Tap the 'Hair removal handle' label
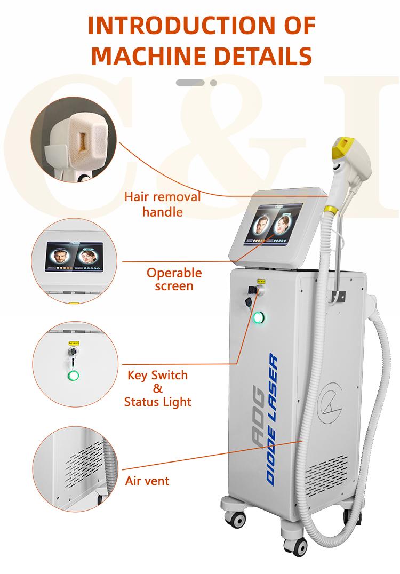coord(163,204)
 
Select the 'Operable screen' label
coord(174,279)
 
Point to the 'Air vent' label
coord(147,481)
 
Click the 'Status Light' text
coord(157,402)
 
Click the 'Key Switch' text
coord(157,375)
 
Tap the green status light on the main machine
coord(259,317)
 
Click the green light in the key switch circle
coord(73,376)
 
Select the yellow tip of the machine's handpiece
coord(342,146)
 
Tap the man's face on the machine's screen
coord(262,226)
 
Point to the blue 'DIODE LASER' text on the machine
coord(273,419)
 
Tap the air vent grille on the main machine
coord(326,475)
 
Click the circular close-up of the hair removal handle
coord(74,139)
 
